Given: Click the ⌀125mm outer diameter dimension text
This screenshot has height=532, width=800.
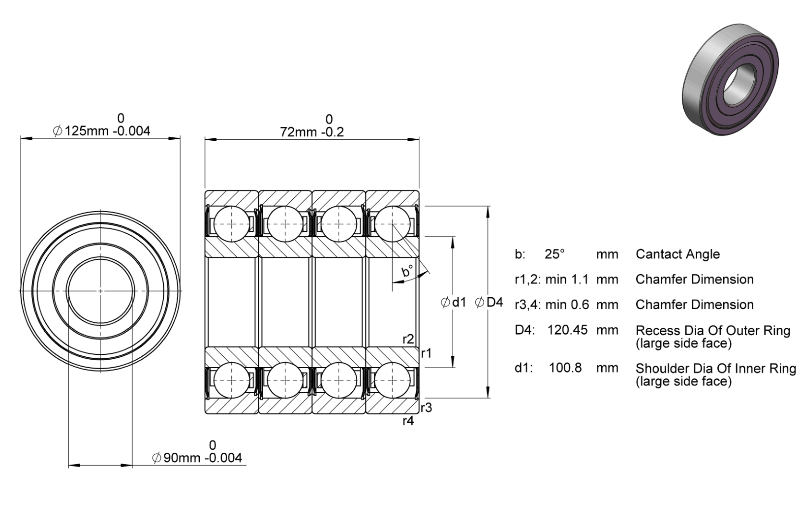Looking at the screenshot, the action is pos(101,131).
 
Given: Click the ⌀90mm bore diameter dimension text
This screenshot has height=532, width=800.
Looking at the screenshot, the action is pos(197,458).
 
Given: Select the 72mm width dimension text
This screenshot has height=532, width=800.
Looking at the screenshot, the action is pos(312,132).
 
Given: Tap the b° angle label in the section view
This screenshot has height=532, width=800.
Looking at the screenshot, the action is pos(407,271).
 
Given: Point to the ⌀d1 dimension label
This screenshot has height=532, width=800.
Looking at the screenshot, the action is pos(454,303).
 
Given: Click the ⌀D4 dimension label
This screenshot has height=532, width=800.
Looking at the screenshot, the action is pos(489,302).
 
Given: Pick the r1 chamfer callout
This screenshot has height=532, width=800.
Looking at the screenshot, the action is pos(427,353).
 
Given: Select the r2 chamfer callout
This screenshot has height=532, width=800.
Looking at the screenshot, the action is pos(408,339).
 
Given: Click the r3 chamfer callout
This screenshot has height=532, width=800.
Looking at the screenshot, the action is pos(427,407).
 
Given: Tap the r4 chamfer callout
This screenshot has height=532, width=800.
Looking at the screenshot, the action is pos(408,421).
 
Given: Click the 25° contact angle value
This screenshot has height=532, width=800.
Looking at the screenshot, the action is pos(554,254).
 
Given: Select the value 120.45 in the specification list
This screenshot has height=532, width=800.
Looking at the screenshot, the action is pos(567,330).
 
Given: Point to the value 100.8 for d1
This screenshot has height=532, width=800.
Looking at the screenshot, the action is pos(565,368).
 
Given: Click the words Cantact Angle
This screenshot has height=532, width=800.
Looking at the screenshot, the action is pos(677,254).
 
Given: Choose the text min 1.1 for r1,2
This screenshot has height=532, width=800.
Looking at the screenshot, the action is pos(567,280).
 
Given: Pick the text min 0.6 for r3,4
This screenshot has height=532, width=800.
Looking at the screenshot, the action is pos(567,305).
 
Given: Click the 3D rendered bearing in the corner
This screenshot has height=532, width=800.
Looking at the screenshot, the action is pos(730,80).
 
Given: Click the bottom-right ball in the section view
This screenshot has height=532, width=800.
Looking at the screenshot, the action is pos(393,380).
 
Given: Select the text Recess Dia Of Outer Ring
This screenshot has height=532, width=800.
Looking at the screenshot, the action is pos(713,331).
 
